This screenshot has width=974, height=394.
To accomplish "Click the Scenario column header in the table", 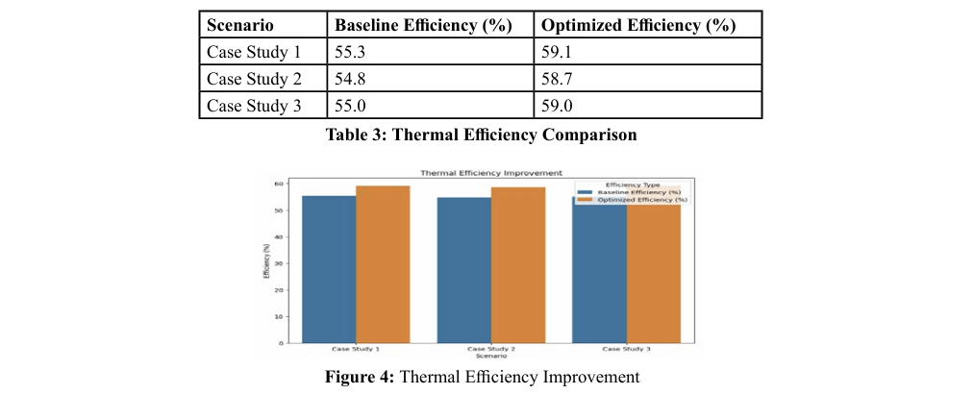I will click(240, 25).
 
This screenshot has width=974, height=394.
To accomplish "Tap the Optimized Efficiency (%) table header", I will click(638, 25).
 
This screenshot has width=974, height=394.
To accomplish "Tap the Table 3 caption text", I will click(481, 135).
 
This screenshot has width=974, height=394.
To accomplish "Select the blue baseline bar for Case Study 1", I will click(329, 269).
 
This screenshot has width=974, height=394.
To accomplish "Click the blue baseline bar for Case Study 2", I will click(463, 270).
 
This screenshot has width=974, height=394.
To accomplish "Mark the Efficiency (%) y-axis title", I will click(264, 262).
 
